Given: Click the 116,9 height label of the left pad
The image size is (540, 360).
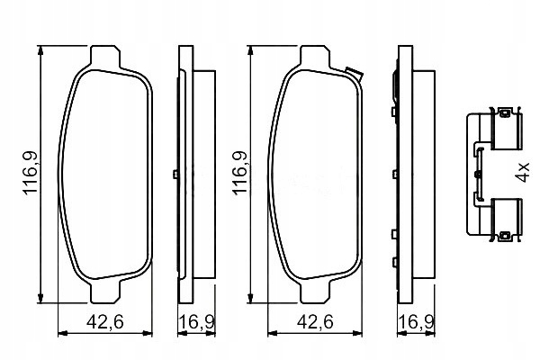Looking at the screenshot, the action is (30, 174).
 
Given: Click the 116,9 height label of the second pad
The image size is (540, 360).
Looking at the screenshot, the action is (239, 174).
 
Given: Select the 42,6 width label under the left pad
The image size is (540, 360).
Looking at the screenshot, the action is (105, 322).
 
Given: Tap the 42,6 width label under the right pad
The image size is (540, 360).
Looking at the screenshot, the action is (315, 322).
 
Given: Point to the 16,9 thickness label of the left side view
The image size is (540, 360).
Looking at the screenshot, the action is (197, 322).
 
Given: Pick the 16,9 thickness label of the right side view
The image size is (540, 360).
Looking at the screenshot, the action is (416, 322).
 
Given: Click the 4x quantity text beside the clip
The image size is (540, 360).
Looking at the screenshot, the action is (523, 172).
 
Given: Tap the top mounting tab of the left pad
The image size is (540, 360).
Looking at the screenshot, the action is (105, 56).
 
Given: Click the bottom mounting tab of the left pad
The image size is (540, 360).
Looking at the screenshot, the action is (105, 292).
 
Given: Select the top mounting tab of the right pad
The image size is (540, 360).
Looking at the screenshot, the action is (315, 56).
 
